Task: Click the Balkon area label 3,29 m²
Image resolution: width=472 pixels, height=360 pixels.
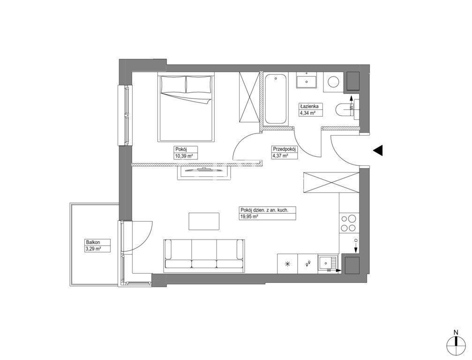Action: pyautogui.click(x=93, y=249)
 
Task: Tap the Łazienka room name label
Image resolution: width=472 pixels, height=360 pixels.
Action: pyautogui.click(x=307, y=106)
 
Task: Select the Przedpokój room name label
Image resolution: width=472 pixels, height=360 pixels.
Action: pyautogui.click(x=285, y=149)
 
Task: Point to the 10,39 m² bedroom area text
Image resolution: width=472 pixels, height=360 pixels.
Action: pyautogui.click(x=184, y=156)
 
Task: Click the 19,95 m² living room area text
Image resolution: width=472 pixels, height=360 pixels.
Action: pyautogui.click(x=249, y=217)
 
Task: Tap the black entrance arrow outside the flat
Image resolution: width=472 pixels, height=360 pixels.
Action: pyautogui.click(x=378, y=150)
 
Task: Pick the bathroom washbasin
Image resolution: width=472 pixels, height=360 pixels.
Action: pyautogui.click(x=307, y=81)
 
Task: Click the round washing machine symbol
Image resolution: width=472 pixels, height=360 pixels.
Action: pyautogui.click(x=333, y=81)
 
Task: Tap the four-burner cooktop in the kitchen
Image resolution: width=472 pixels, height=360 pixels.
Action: pyautogui.click(x=349, y=223)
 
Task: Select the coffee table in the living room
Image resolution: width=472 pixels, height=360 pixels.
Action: pyautogui.click(x=204, y=221)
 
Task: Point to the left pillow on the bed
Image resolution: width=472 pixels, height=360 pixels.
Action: pyautogui.click(x=173, y=84)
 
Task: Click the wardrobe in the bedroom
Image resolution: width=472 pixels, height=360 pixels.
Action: pyautogui.click(x=249, y=97)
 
